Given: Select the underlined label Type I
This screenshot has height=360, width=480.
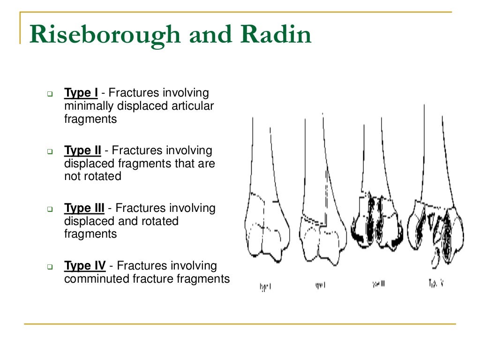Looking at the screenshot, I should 81,93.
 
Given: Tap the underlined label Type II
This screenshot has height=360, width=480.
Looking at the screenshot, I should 82,151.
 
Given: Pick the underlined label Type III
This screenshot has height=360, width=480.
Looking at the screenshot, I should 84,208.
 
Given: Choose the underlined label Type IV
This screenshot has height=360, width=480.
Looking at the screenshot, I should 84,266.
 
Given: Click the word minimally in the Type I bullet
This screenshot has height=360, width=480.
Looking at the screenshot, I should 88,106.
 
